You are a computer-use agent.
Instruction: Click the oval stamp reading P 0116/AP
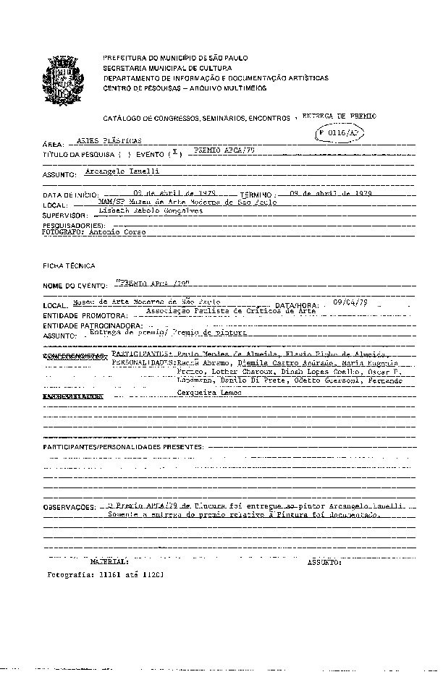coord(338,134)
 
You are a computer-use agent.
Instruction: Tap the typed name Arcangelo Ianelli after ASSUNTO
coord(122,171)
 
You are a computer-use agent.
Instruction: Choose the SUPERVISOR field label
coord(64,216)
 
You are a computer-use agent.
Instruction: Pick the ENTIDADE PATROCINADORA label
coord(90,327)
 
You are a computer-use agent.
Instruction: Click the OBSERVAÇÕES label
coord(69,508)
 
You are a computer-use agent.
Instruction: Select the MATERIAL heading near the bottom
coord(110,561)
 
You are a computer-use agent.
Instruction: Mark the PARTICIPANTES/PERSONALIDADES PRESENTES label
coord(122,448)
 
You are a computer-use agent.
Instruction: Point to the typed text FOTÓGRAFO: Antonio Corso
coord(93,233)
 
